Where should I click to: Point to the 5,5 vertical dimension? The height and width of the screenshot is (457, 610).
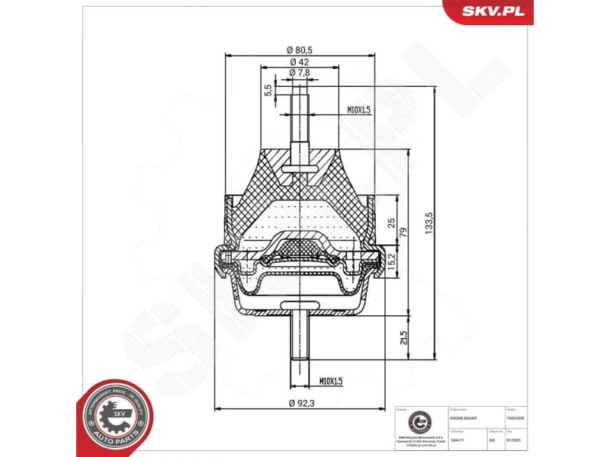[268, 90]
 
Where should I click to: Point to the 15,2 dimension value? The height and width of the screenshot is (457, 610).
[391, 264]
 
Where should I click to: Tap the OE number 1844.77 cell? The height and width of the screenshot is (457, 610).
[457, 441]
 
